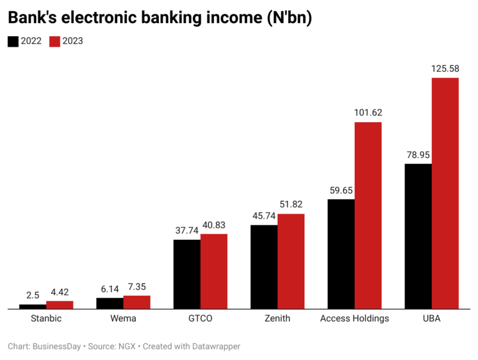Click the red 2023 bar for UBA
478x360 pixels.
coord(445,193)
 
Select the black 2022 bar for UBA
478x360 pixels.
coord(418,236)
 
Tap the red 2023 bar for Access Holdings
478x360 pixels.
coord(368,216)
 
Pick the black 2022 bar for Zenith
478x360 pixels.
coord(264,267)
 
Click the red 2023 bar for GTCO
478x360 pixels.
coord(214,271)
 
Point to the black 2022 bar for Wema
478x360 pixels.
coord(110,303)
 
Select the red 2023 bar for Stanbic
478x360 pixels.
coord(60,305)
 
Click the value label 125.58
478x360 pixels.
coord(445,68)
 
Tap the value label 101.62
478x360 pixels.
coord(368,113)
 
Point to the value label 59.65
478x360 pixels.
coord(341,189)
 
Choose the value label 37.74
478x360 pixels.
coord(187,230)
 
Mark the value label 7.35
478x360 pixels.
coord(137,286)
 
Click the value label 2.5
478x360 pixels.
coord(33,294)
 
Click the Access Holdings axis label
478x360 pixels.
coord(354,319)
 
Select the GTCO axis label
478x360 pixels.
coord(200,319)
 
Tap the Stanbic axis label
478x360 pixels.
coord(46,319)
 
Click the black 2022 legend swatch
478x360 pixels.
coord(13,41)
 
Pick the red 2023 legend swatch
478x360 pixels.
coord(55,41)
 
